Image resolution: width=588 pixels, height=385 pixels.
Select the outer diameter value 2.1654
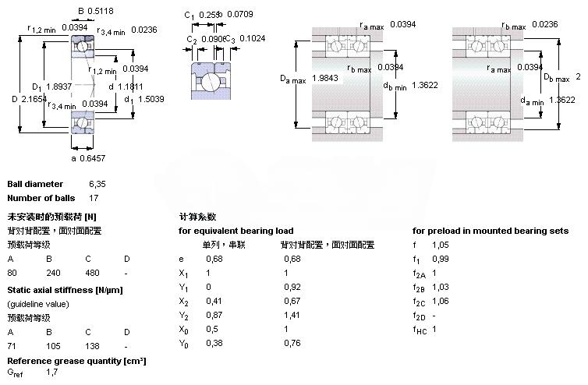[x=36, y=100]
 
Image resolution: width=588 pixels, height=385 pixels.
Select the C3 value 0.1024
[x=251, y=38]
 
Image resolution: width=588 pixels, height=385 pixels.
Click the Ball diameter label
[x=35, y=184]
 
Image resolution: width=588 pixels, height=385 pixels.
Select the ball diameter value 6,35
[x=97, y=184]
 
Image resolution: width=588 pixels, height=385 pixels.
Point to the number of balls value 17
[x=94, y=198]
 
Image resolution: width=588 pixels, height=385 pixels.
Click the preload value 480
[x=92, y=273]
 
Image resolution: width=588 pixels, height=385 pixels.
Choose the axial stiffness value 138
[x=92, y=346]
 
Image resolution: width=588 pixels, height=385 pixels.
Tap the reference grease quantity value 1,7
[x=51, y=373]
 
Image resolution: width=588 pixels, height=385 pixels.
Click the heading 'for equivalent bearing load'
[x=236, y=231]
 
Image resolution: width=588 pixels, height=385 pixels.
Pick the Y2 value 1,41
[x=291, y=315]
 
